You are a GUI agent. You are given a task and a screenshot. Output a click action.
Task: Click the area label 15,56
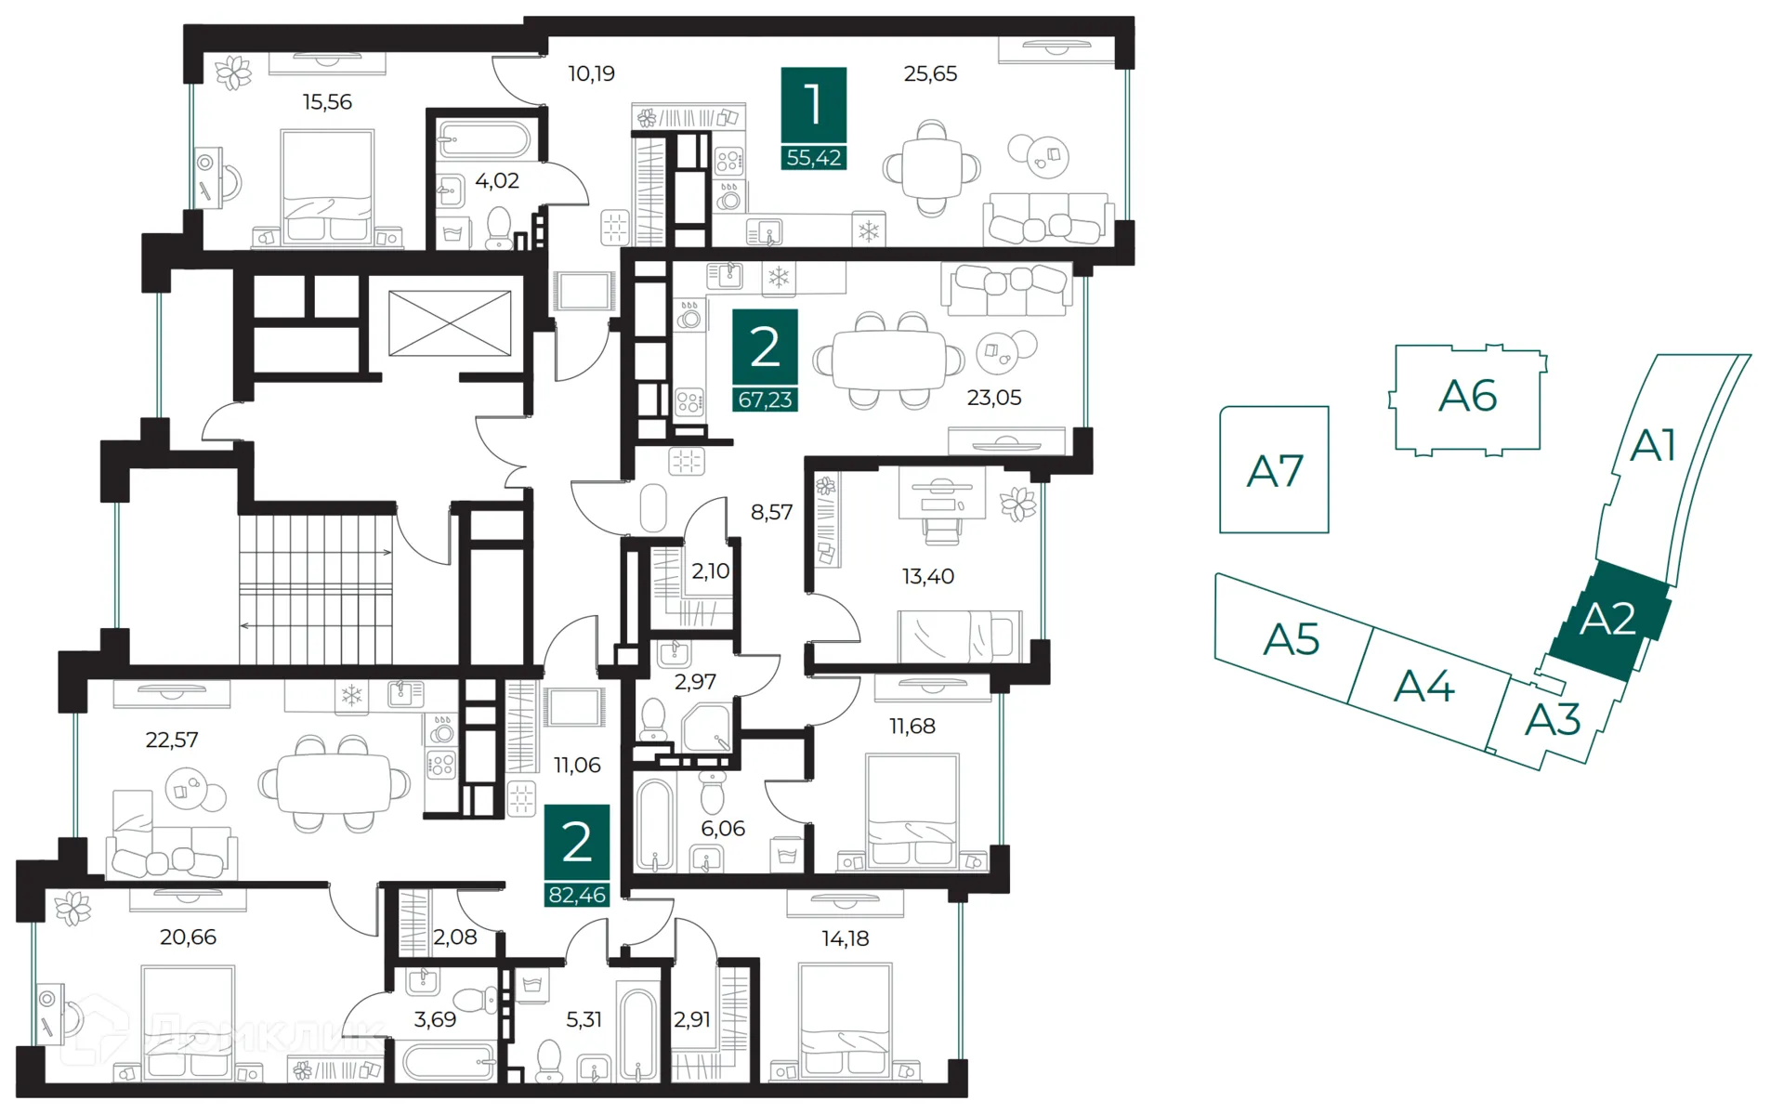(x=327, y=102)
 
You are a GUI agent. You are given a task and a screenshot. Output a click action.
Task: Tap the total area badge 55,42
(x=813, y=158)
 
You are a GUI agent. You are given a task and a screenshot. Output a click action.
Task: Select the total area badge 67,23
(x=765, y=400)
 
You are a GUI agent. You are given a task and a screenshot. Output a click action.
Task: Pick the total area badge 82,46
(x=577, y=895)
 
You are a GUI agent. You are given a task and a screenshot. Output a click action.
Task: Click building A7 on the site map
(x=1274, y=470)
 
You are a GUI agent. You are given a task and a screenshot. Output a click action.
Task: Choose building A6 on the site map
(x=1467, y=397)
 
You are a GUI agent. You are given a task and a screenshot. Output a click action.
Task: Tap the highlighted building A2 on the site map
(x=1607, y=620)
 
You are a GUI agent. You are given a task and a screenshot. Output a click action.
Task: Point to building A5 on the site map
(x=1292, y=639)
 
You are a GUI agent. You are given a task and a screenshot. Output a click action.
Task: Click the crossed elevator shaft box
(x=450, y=323)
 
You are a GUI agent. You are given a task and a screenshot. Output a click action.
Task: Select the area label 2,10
(x=710, y=571)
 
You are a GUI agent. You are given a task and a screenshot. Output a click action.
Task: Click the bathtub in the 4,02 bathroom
(x=484, y=141)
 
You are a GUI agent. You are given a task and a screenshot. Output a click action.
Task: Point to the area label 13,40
(x=927, y=577)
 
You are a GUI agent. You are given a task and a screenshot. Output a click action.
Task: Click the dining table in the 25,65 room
(x=931, y=168)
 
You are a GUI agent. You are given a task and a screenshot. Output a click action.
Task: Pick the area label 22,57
(x=172, y=740)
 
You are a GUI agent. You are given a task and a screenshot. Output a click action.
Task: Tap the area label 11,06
(x=577, y=766)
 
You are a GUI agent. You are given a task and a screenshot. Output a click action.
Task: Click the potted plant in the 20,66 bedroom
(x=72, y=908)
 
